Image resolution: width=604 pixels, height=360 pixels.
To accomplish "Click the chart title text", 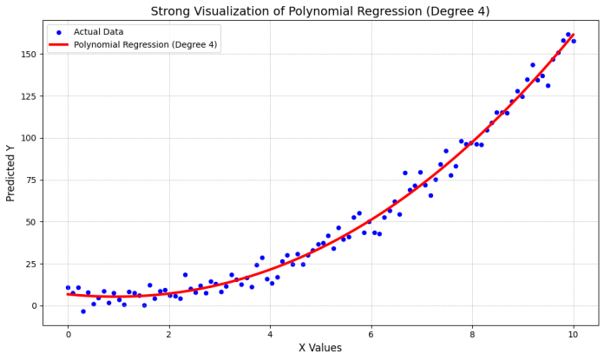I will point(320,11).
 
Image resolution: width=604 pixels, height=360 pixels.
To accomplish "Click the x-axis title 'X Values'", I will point(320,348).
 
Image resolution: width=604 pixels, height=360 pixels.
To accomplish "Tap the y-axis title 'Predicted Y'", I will point(11,173).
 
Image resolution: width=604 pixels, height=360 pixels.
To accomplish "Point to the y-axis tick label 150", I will point(28,55).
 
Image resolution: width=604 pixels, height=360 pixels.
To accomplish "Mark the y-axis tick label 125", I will point(28,96).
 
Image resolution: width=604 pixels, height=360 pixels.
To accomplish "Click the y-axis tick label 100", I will point(28,138).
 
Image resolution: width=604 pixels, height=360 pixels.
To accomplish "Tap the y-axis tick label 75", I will point(30,180).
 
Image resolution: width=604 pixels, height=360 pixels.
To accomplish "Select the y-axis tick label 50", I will point(30,222).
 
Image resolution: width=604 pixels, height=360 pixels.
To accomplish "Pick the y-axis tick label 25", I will point(30,264).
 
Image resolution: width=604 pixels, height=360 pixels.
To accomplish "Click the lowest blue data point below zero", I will point(83,311).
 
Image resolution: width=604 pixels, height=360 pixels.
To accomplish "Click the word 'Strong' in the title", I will point(174,11).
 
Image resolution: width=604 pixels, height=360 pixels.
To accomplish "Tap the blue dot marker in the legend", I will point(57,32).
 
